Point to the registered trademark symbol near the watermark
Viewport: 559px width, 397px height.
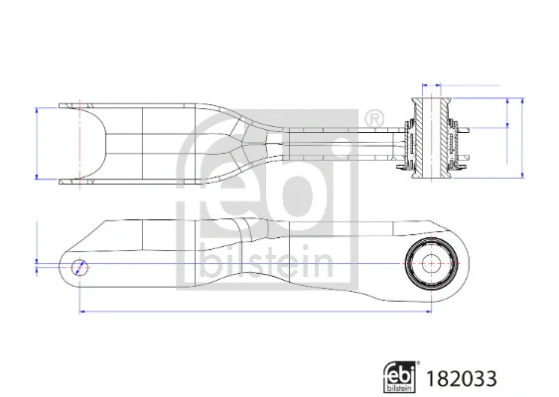click(x=377, y=118)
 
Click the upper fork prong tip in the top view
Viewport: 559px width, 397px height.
click(x=70, y=103)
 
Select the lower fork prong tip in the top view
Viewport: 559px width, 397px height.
click(x=70, y=182)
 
